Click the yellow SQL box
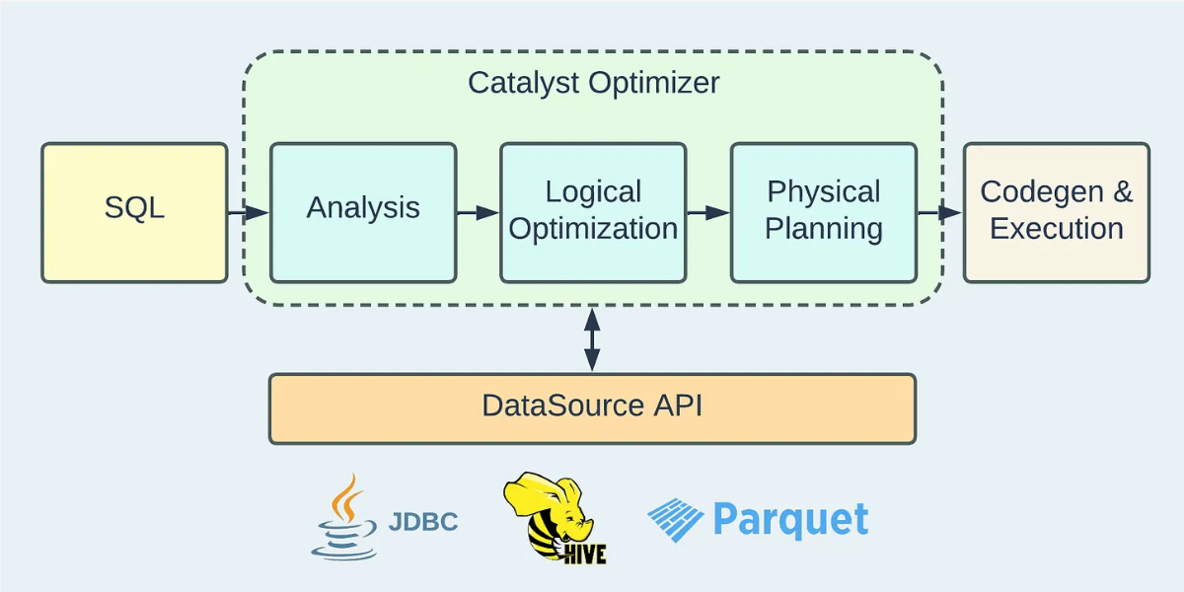click(134, 212)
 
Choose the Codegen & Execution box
click(1057, 212)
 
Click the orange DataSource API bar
click(592, 407)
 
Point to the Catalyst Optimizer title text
click(593, 82)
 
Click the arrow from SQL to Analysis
click(249, 212)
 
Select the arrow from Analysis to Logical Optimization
click(479, 212)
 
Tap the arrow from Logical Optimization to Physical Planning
click(708, 212)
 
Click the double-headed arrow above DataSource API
click(592, 339)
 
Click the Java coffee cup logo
click(344, 518)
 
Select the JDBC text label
click(423, 522)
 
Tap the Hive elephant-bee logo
click(551, 519)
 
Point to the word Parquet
click(790, 520)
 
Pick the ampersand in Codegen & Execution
click(1122, 191)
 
